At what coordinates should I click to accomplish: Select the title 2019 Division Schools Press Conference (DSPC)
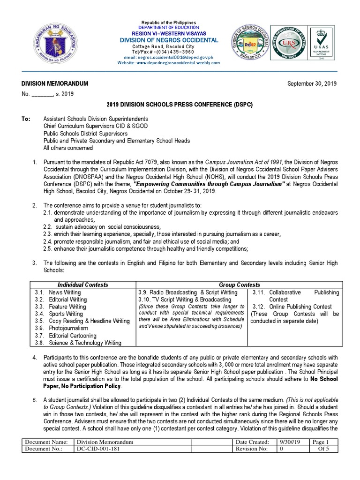pos(180,105)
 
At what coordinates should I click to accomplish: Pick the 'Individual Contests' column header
pos(82,285)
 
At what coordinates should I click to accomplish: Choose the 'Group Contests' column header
pos(240,285)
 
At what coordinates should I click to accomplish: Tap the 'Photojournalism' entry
pos(69,328)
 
